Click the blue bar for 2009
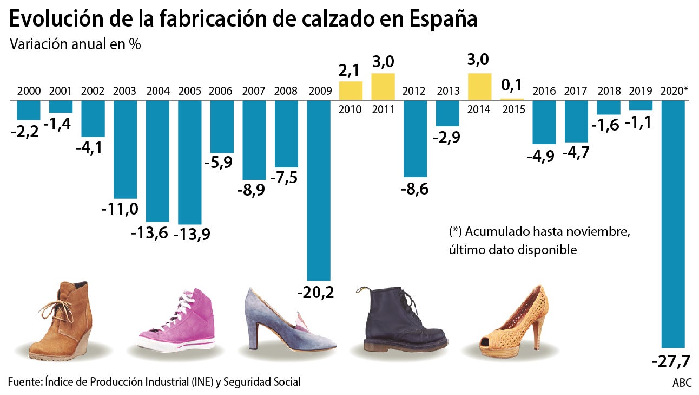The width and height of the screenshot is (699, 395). (x=319, y=190)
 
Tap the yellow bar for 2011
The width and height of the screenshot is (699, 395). (x=383, y=86)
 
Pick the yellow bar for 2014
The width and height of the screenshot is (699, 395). (x=479, y=86)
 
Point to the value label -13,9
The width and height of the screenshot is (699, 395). (x=192, y=234)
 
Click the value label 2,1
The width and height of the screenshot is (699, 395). (x=350, y=70)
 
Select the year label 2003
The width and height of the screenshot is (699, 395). (x=125, y=91)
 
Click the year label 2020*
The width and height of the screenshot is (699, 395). (x=674, y=91)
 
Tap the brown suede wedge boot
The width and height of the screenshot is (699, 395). (x=63, y=317)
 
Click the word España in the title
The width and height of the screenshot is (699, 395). (x=444, y=19)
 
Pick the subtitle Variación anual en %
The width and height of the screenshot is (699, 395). (x=75, y=44)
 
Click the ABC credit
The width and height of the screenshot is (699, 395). (x=681, y=383)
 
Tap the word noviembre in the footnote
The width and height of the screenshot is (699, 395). (x=605, y=232)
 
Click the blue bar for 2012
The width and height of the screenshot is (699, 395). (x=415, y=139)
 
